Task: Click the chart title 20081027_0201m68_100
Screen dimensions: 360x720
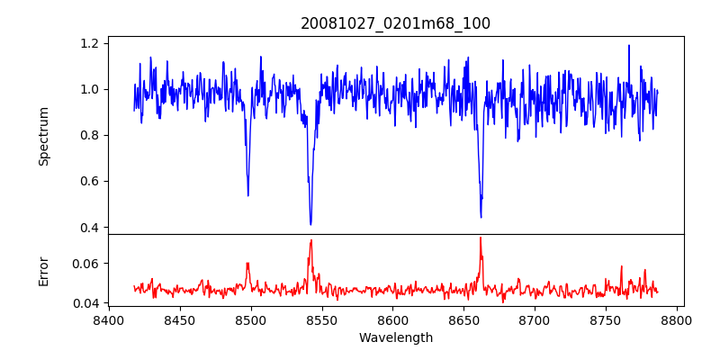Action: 395,23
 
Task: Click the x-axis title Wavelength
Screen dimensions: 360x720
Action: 395,338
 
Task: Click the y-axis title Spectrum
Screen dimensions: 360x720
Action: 43,136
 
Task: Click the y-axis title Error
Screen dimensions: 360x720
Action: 43,270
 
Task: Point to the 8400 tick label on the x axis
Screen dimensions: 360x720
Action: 108,320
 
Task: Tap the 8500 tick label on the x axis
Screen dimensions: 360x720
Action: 251,320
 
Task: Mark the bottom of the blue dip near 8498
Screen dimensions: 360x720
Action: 248,195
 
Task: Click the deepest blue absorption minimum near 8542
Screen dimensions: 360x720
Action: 310,224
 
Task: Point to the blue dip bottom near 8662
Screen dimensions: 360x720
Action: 481,217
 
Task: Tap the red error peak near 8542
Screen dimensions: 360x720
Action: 310,240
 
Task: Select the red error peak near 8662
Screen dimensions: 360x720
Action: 481,238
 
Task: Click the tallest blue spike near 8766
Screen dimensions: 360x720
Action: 629,45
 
